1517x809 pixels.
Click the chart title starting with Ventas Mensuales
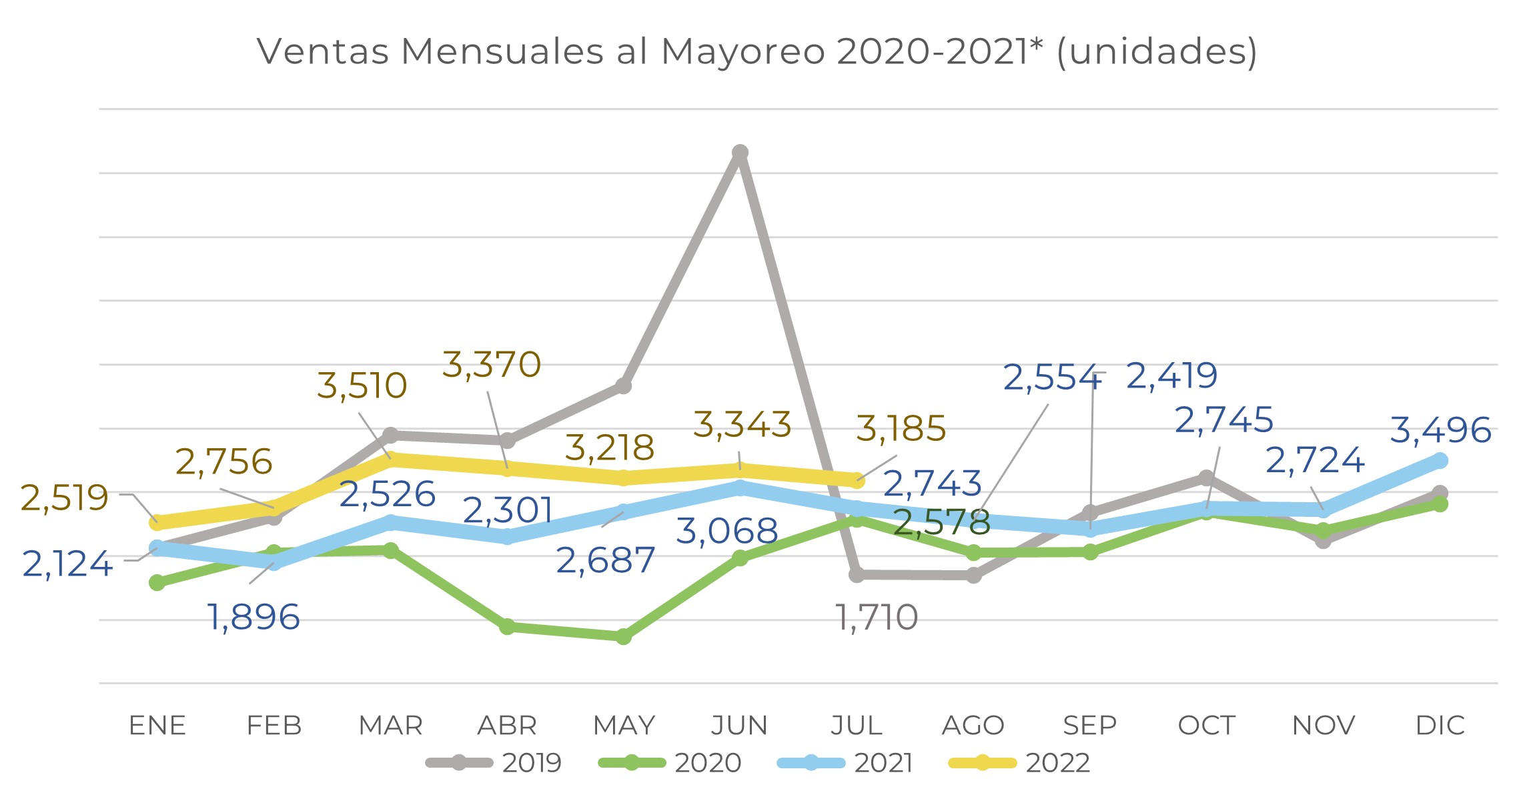coord(757,51)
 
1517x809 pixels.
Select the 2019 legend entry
coord(494,762)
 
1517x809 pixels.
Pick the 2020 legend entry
coord(670,762)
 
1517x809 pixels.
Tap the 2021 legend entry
coord(845,762)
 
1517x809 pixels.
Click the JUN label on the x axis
coord(739,726)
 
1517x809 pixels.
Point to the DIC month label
coord(1440,726)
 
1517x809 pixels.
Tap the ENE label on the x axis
coord(157,726)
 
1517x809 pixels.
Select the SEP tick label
coord(1089,726)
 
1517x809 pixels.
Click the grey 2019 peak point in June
coord(740,153)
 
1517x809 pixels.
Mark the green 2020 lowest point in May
coord(623,637)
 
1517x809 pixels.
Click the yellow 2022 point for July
coord(857,480)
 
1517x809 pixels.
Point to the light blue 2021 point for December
coord(1440,461)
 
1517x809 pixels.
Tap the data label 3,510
coord(362,386)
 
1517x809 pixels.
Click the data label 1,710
coord(877,618)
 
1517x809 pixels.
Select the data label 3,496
coord(1440,430)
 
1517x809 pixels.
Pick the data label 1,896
coord(254,617)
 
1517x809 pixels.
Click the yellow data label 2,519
coord(64,498)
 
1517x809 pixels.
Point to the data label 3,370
coord(492,365)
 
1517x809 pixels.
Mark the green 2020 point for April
coord(507,627)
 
